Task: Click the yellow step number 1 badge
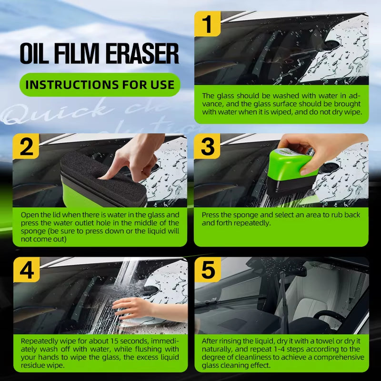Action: point(208,24)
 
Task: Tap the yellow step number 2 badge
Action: point(27,147)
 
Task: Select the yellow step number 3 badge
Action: point(208,147)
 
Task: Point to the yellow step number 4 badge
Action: point(27,271)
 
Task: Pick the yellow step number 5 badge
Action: point(208,271)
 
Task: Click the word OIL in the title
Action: point(34,53)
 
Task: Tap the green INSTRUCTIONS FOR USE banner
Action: point(100,85)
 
